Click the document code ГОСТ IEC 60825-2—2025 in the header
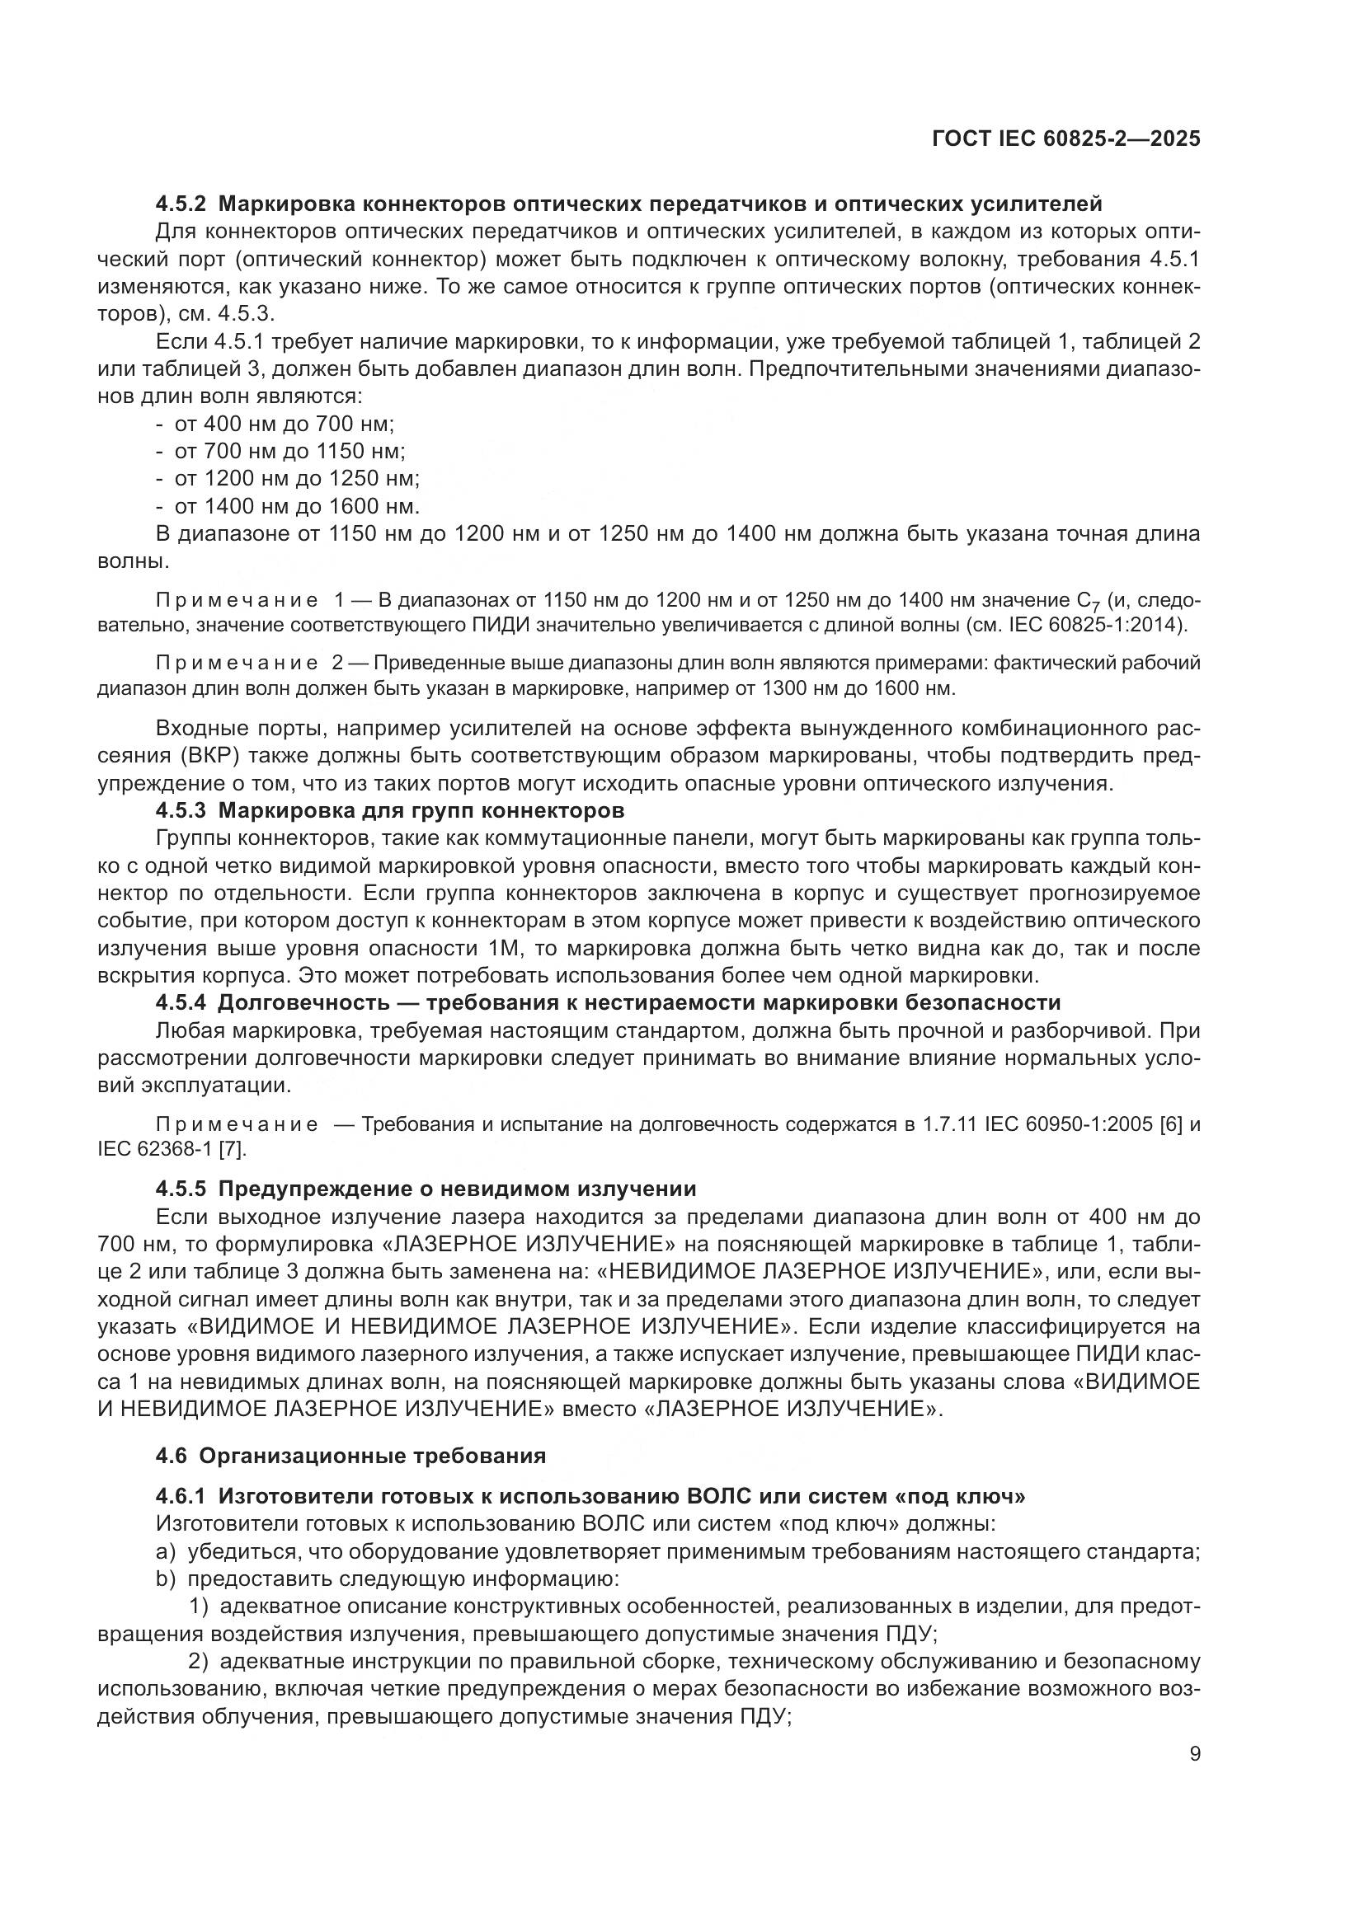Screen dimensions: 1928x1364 pyautogui.click(x=1065, y=138)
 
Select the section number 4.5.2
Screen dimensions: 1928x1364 pyautogui.click(x=181, y=204)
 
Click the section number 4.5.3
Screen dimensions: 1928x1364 pyautogui.click(x=181, y=811)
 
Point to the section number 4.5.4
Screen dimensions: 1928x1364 pyautogui.click(x=181, y=1002)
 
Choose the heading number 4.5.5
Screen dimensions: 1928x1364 pyautogui.click(x=181, y=1189)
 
